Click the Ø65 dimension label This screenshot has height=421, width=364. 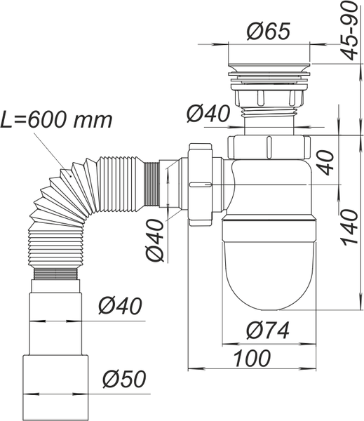[x=269, y=31]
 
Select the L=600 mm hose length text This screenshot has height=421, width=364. [x=56, y=120]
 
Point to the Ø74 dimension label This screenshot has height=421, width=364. [x=268, y=330]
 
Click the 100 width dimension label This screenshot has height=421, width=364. [x=252, y=358]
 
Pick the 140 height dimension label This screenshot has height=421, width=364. [x=350, y=227]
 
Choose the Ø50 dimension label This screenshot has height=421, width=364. [x=124, y=379]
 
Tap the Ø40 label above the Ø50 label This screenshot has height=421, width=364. [x=120, y=306]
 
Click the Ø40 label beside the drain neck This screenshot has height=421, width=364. [x=208, y=113]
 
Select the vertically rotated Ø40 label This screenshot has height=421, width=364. [x=155, y=240]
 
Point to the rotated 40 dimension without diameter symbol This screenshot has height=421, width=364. [x=325, y=163]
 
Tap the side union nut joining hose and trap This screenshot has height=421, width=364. [x=201, y=185]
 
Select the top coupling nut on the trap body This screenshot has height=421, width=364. [x=269, y=147]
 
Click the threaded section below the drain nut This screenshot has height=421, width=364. [x=269, y=113]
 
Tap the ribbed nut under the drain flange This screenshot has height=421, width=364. [x=269, y=98]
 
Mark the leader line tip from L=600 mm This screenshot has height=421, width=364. [x=71, y=176]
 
